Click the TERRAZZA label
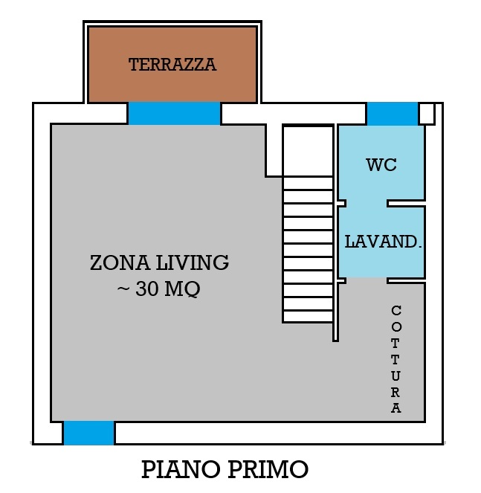pos(172,65)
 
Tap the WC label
pos(381,165)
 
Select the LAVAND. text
pos(383,242)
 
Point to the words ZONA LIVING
pos(159,262)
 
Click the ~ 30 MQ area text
pos(159,289)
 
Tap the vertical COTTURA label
pos(396,358)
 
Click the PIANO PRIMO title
pos(225,469)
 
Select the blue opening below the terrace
pos(174,113)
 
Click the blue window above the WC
pos(393,114)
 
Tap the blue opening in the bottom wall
pos(88,433)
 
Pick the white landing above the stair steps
pos(308,151)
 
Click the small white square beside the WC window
pos(427,114)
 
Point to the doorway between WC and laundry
pos(367,204)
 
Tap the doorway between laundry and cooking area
pos(367,280)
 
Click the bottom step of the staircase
pos(308,316)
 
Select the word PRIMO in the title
pos(268,469)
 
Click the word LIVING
pos(193,262)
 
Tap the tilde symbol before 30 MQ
pos(123,289)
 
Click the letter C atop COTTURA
pos(396,311)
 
